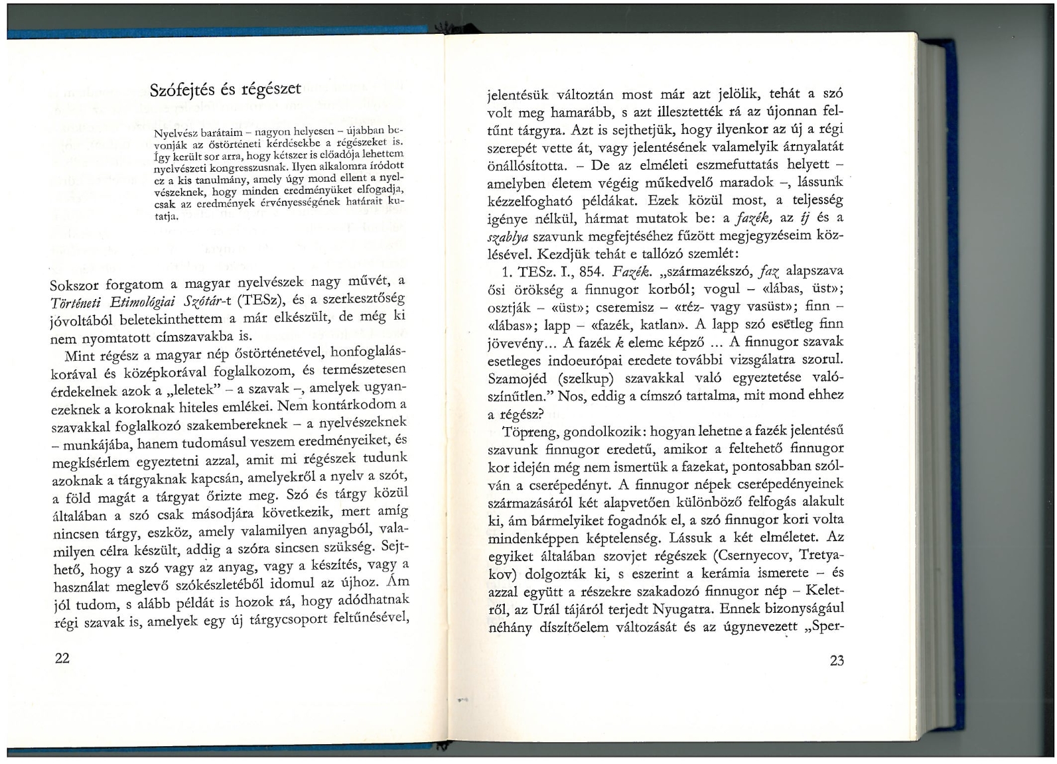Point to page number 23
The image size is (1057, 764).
point(836,660)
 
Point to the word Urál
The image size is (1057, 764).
point(600,608)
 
